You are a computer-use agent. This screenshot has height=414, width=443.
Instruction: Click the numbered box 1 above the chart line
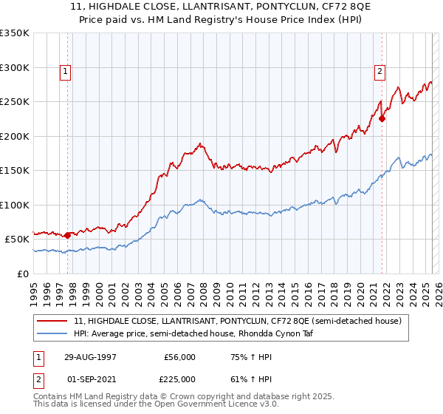(x=66, y=72)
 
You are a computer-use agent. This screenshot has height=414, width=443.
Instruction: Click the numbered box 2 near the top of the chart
(x=380, y=72)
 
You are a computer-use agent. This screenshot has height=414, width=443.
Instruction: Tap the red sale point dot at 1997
(x=68, y=235)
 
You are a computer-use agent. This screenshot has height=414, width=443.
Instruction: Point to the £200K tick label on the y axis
(x=15, y=136)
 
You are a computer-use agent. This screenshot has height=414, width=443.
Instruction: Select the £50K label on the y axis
(x=18, y=240)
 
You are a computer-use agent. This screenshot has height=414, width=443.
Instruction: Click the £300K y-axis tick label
(x=15, y=67)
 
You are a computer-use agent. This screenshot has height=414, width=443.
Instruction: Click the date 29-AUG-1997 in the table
(x=92, y=357)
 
